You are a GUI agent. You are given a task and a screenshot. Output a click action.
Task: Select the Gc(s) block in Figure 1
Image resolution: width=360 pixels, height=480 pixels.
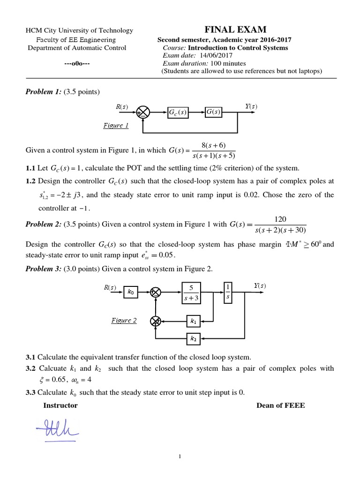(x=178, y=112)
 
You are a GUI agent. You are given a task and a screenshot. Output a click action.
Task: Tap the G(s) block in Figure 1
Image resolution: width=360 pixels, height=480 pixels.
(x=213, y=112)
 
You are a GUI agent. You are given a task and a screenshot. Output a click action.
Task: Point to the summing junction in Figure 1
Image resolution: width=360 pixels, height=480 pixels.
(x=142, y=112)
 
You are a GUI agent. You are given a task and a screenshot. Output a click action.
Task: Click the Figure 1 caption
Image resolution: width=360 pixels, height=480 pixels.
(x=115, y=126)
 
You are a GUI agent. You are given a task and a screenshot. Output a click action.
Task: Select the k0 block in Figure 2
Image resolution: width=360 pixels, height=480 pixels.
(x=130, y=292)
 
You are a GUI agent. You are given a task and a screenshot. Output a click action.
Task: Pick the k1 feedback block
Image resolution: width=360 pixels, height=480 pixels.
(x=193, y=321)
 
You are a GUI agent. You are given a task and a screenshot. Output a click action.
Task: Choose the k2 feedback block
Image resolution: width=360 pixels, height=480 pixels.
(x=193, y=337)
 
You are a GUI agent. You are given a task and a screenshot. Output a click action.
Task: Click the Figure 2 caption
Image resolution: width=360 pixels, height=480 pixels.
(x=124, y=321)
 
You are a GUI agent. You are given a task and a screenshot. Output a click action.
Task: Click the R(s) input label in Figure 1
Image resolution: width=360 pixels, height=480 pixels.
(x=121, y=107)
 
